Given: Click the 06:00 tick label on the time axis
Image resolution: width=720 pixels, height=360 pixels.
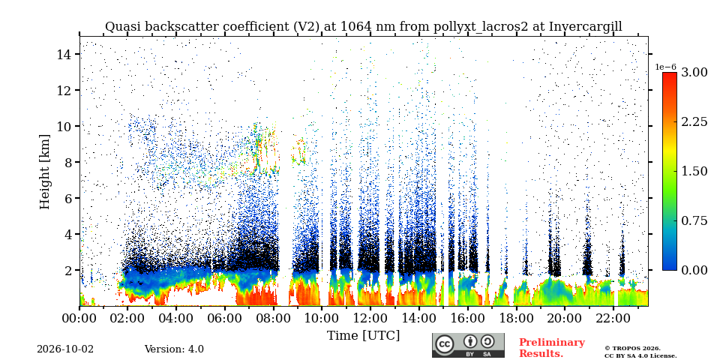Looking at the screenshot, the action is click(224, 318).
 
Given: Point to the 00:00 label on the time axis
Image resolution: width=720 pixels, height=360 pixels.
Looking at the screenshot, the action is click(79, 318).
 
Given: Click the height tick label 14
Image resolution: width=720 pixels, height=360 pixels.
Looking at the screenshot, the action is click(65, 54).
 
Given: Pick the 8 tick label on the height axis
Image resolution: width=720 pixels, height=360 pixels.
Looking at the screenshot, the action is click(70, 162).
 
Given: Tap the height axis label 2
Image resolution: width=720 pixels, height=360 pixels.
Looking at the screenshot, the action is click(70, 270).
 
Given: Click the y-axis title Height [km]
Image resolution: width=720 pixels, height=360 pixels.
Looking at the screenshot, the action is click(44, 172).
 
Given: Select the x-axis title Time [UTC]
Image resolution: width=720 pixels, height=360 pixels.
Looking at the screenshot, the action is click(363, 336).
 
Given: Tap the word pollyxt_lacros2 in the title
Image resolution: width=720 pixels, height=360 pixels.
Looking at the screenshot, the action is click(481, 27).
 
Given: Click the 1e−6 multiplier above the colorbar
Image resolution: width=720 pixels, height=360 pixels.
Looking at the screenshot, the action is click(665, 67).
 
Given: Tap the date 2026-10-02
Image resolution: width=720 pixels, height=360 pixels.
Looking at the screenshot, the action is click(65, 349).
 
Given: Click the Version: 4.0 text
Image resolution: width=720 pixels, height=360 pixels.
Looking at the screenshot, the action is click(174, 349).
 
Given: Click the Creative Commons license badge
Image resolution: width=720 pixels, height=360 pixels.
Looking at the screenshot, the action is click(468, 345).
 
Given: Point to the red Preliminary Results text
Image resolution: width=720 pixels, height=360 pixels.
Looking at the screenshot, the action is click(552, 348).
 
